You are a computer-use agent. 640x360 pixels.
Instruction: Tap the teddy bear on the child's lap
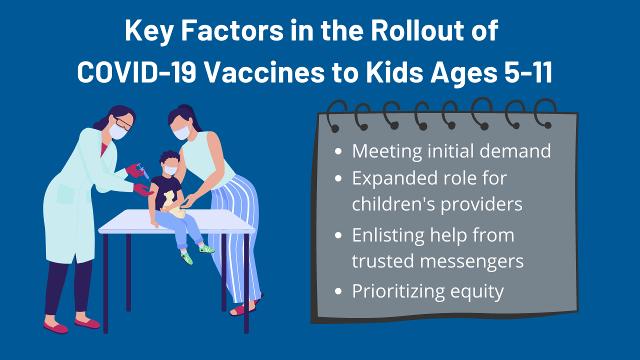pos(173,204)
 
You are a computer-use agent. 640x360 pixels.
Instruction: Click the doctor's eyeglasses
pos(124,123)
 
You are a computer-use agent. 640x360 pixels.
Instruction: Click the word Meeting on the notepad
pos(387,151)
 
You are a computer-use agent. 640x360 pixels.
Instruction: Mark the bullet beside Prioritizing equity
pos(338,291)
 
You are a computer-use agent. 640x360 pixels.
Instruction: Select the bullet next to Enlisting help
pos(338,235)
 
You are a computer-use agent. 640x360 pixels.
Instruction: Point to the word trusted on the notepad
pos(383,261)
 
